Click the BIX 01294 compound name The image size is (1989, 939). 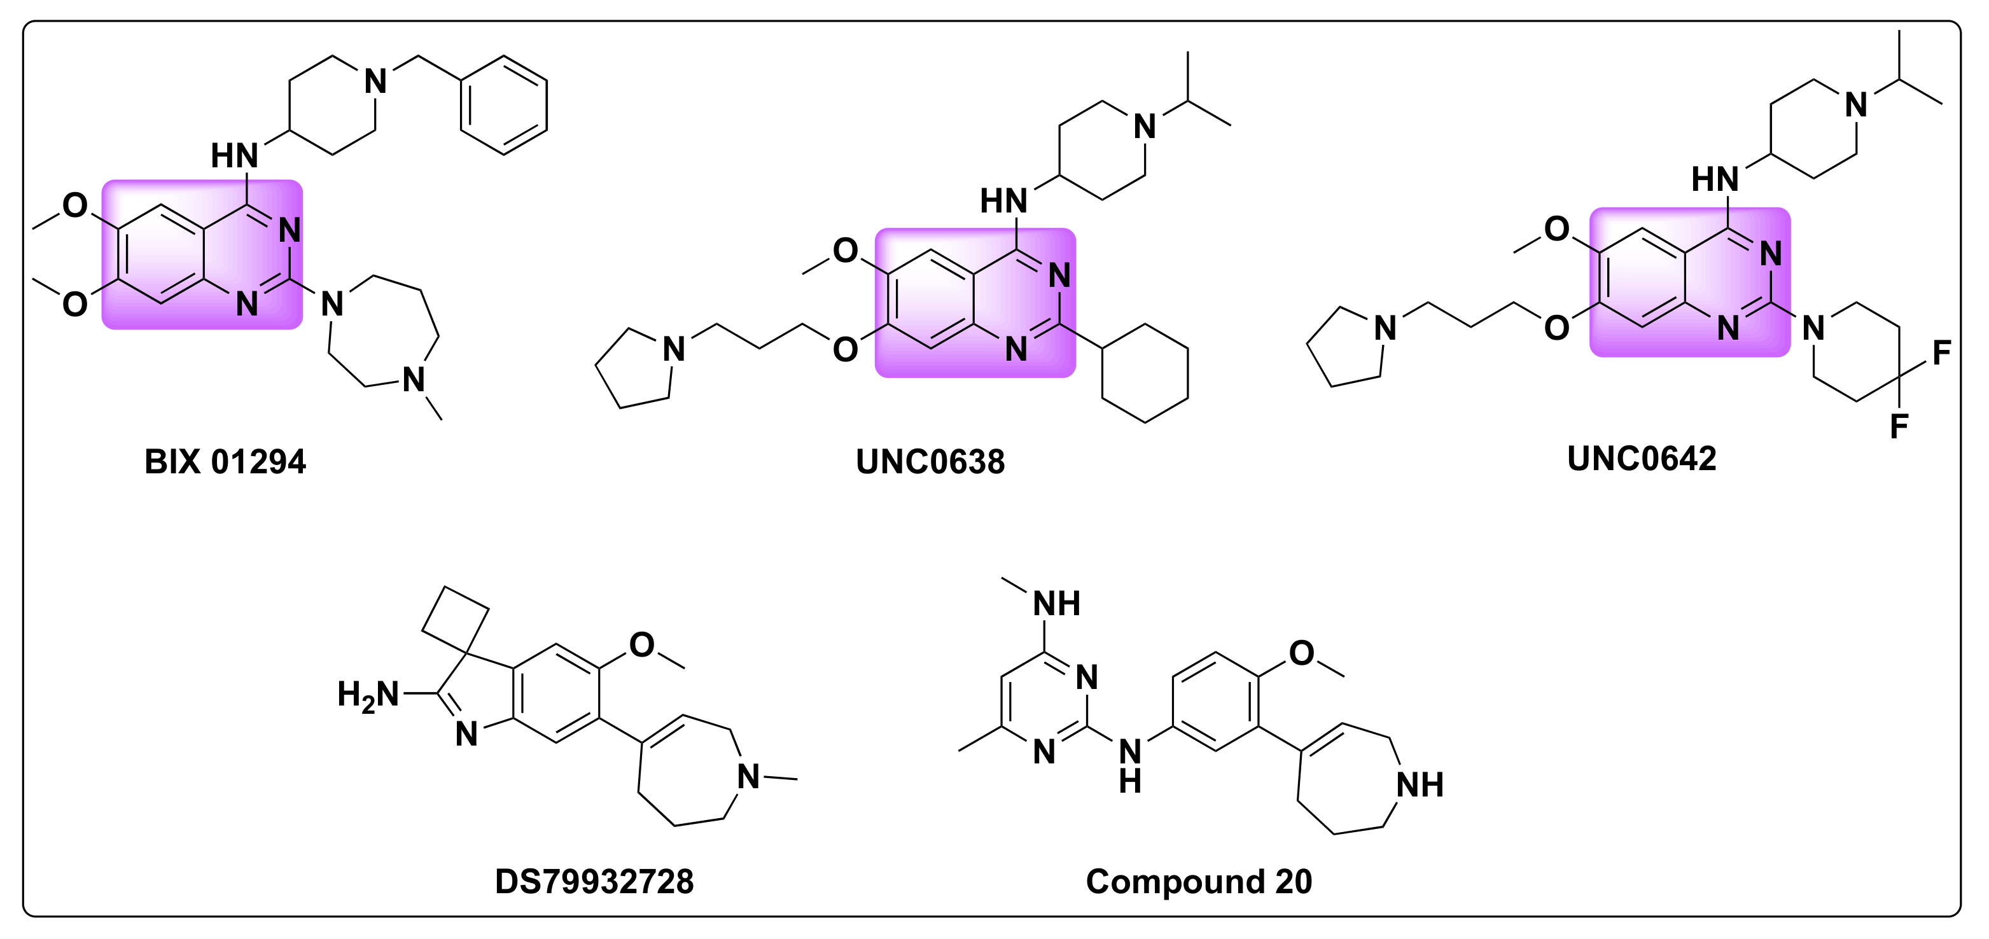(x=225, y=462)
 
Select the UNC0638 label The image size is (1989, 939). (x=930, y=462)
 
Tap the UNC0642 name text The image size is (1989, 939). (x=1642, y=459)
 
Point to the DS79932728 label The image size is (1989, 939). (x=594, y=881)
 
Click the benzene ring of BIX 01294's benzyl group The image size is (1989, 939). (x=503, y=105)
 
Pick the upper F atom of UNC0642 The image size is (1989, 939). (x=1942, y=353)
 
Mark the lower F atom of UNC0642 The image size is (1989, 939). (x=1899, y=426)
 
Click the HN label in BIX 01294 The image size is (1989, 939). (x=234, y=156)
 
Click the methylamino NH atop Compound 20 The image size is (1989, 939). (x=1056, y=604)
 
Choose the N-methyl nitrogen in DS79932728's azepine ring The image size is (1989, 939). (x=748, y=776)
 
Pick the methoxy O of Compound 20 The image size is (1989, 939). (x=1302, y=653)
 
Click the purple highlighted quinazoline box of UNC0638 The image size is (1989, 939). (x=974, y=303)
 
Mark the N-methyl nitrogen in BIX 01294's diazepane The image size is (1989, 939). (x=414, y=380)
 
